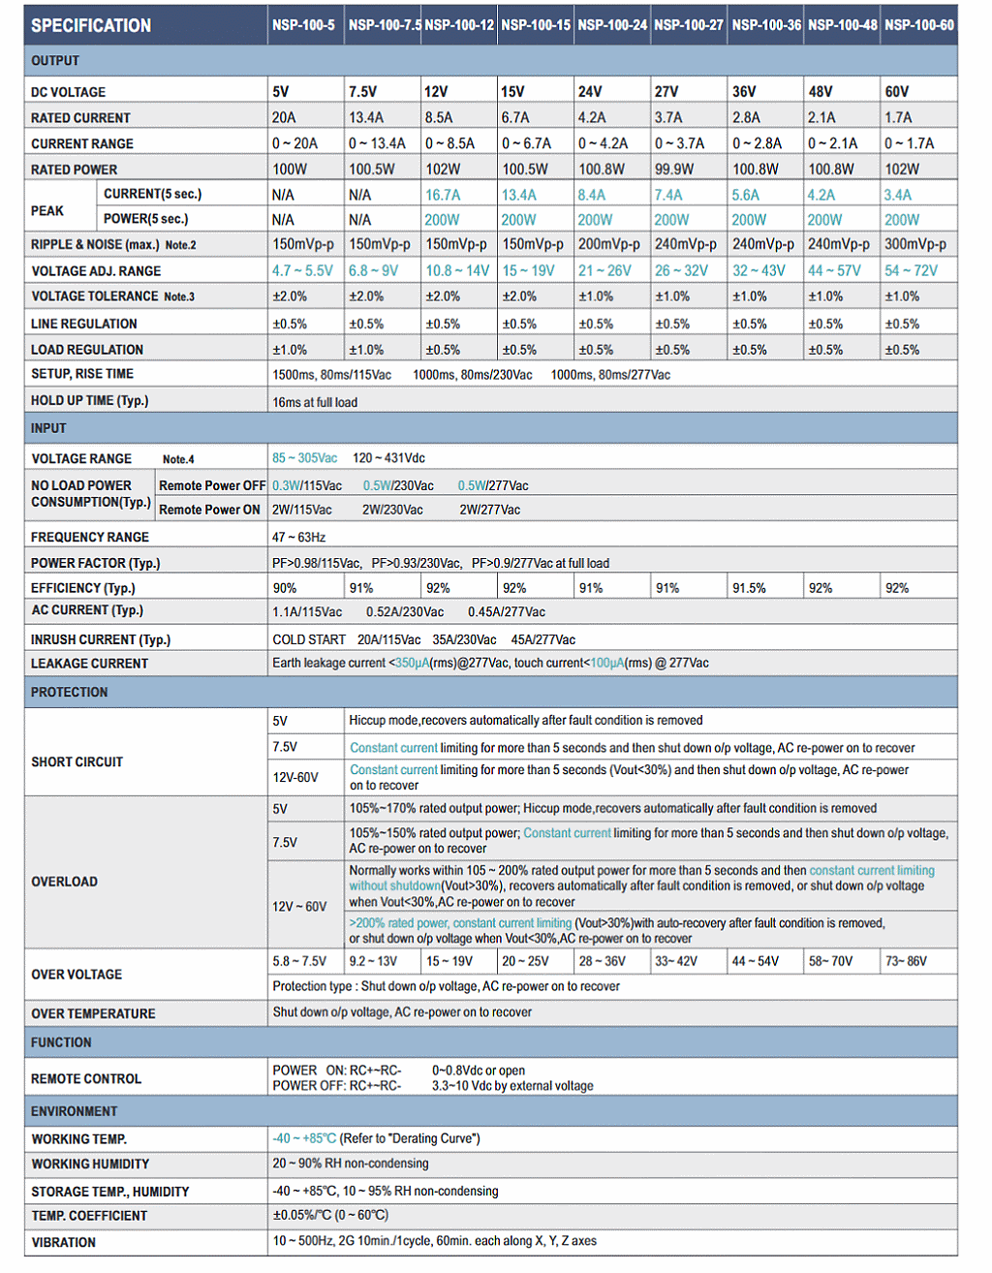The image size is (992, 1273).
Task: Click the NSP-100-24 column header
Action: pyautogui.click(x=612, y=25)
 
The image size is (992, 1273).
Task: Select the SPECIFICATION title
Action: pyautogui.click(x=91, y=26)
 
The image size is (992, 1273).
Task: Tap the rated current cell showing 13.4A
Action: pyautogui.click(x=366, y=117)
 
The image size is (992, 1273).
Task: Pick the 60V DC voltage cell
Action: pyautogui.click(x=897, y=92)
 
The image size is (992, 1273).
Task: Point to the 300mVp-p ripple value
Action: pyautogui.click(x=915, y=244)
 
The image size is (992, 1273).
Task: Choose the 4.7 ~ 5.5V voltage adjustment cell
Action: pyautogui.click(x=302, y=270)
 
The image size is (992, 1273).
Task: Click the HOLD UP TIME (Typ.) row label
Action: pyautogui.click(x=89, y=400)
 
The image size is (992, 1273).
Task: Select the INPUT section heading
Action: pyautogui.click(x=48, y=428)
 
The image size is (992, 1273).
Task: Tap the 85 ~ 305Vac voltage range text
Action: pyautogui.click(x=305, y=458)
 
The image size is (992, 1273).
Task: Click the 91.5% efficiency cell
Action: pyautogui.click(x=749, y=588)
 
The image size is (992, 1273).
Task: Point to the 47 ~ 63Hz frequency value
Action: pyautogui.click(x=299, y=537)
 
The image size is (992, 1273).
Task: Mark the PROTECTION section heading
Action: pyautogui.click(x=69, y=692)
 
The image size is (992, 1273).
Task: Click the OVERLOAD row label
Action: pyautogui.click(x=64, y=882)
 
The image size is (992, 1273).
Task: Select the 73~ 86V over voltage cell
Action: pyautogui.click(x=906, y=961)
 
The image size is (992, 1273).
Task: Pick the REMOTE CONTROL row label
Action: pyautogui.click(x=85, y=1078)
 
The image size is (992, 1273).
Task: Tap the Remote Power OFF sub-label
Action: pyautogui.click(x=211, y=485)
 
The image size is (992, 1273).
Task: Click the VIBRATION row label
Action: pyautogui.click(x=63, y=1242)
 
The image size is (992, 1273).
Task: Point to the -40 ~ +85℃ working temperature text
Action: pyautogui.click(x=304, y=1138)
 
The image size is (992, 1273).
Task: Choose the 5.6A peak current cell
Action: pyautogui.click(x=746, y=195)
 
